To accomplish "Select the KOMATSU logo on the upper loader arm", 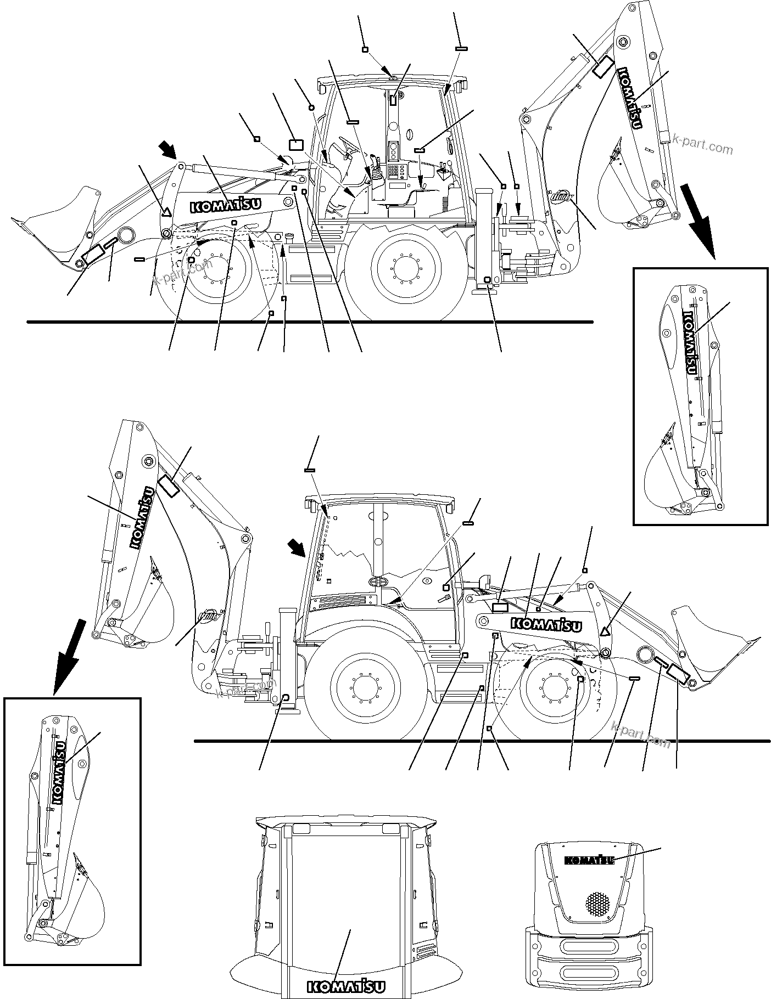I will click(225, 205).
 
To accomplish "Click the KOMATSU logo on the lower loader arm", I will click(547, 624).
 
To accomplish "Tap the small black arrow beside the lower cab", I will click(299, 547).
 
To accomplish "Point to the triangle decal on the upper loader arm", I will click(166, 210).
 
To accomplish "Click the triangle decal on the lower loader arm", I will click(605, 631).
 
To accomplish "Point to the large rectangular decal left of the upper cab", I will click(296, 144).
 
